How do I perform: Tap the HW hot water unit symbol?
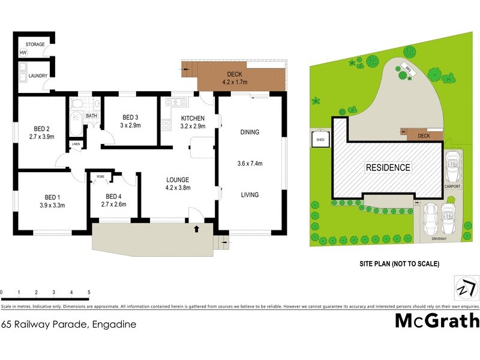[23, 53]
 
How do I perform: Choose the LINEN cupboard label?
[76, 145]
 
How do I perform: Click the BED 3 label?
[130, 117]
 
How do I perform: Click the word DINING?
[249, 132]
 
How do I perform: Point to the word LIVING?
[249, 194]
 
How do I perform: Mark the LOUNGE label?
[178, 179]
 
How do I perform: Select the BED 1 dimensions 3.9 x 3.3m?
[51, 205]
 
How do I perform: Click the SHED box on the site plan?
[318, 141]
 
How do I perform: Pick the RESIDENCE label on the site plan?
[388, 168]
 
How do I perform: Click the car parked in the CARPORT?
[452, 165]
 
